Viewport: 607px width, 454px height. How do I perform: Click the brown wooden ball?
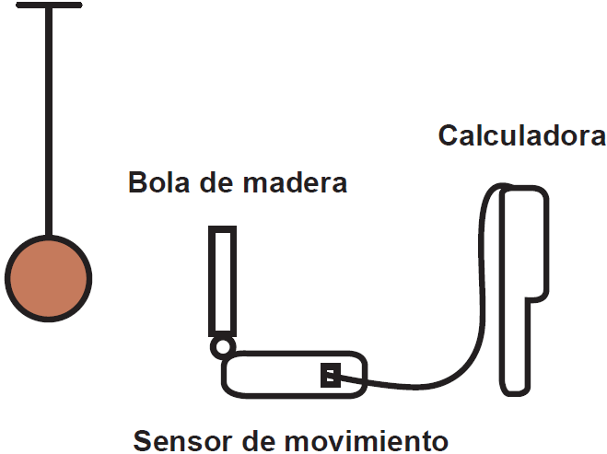point(48,277)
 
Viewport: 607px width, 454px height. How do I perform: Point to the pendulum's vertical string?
point(48,120)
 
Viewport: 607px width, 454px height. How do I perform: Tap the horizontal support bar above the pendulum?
point(48,6)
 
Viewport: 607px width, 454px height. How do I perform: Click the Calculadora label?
point(521,136)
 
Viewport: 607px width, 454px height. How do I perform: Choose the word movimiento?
point(363,439)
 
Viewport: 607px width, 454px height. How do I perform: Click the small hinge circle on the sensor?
point(222,346)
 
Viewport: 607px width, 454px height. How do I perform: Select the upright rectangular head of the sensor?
point(222,281)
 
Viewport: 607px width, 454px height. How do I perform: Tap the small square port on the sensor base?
point(331,375)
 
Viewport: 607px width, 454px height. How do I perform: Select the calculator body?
point(525,276)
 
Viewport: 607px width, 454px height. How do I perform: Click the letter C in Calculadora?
point(449,136)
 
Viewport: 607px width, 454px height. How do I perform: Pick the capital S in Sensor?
point(143,439)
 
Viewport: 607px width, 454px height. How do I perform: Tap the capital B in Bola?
point(137,182)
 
